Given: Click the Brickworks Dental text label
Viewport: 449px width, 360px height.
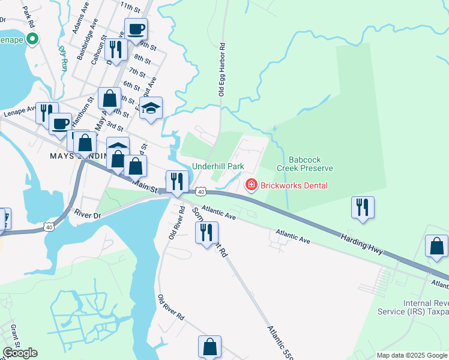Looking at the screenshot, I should (294, 185).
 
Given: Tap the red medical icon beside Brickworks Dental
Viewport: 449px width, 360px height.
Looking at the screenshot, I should (250, 185).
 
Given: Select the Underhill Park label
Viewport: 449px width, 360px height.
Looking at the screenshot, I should (217, 166).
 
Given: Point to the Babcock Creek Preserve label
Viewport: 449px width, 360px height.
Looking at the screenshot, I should (310, 164).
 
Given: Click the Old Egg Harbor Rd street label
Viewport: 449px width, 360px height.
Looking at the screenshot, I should (221, 69).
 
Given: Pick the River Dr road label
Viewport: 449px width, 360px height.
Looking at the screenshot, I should (86, 213).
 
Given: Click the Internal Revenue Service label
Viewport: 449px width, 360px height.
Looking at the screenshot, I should (412, 307).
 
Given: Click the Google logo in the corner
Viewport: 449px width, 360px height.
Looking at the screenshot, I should (20, 353).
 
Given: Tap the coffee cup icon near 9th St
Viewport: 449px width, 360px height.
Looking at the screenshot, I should (136, 28).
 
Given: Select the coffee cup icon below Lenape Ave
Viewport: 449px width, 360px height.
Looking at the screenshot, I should (60, 124).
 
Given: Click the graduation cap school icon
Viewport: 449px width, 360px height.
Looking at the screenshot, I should (151, 107).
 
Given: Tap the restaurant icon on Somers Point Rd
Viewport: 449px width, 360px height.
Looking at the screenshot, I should (206, 232).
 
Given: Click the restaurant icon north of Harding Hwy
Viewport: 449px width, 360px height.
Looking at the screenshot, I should (363, 207).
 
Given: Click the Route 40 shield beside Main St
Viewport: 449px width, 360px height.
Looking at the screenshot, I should (201, 191).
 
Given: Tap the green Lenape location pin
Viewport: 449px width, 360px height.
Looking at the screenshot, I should (32, 40).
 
